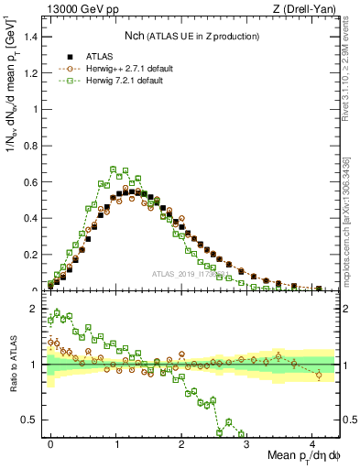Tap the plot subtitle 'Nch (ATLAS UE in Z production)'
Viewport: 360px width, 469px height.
[x=191, y=36]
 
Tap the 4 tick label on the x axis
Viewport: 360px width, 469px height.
[x=312, y=443]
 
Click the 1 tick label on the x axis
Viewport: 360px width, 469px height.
[x=116, y=443]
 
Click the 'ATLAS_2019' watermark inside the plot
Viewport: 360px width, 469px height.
[x=191, y=274]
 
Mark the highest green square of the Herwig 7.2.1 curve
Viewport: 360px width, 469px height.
[x=113, y=169]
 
